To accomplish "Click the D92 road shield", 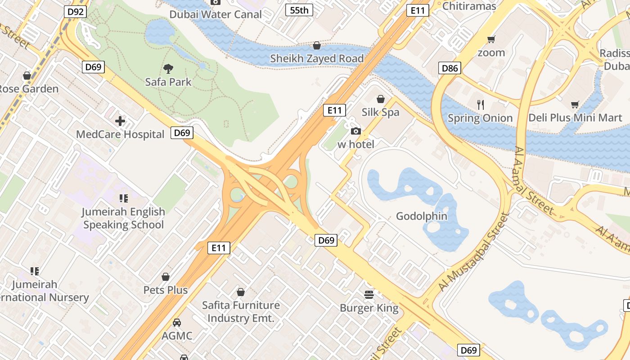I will click(75, 11).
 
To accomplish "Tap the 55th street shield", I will click(299, 10).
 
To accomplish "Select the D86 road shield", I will click(450, 68).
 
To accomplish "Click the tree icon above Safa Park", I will click(168, 69).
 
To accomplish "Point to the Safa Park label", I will click(168, 82).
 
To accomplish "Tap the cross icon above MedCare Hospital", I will click(120, 121).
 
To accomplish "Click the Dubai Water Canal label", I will click(216, 14).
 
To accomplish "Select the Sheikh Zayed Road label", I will click(317, 58).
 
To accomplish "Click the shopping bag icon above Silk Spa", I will click(381, 99).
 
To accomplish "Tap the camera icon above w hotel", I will click(356, 131).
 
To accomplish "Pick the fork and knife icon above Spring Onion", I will click(481, 105).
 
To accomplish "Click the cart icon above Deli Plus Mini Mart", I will click(575, 105).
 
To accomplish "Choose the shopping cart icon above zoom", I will click(491, 40).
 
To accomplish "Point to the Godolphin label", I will click(422, 216).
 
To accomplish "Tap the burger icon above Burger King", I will click(369, 295).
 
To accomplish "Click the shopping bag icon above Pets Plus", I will click(166, 277).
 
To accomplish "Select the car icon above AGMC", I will click(177, 323).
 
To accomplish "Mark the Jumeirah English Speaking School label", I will click(123, 218).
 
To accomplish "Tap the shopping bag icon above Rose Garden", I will click(27, 75).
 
